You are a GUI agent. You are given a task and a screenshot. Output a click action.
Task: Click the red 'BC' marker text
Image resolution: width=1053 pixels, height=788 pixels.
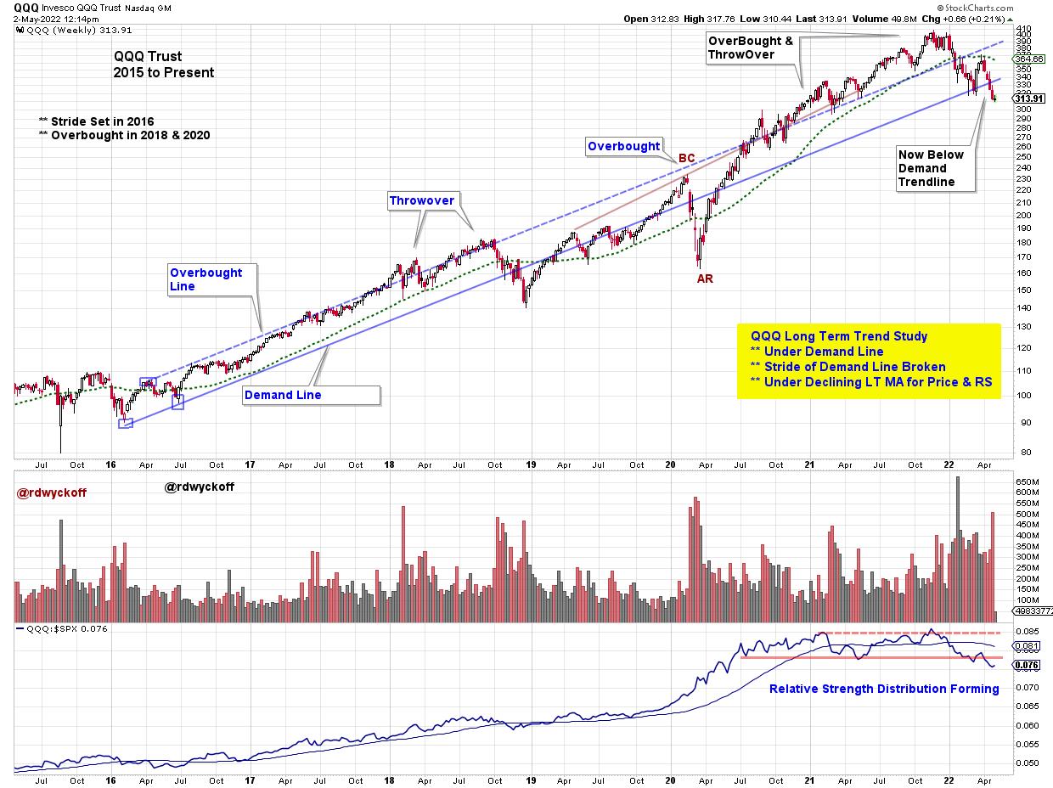point(686,158)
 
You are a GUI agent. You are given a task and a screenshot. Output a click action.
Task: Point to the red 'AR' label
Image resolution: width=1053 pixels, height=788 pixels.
point(705,279)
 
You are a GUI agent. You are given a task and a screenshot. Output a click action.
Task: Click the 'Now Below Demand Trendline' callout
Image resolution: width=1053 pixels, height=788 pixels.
point(932,168)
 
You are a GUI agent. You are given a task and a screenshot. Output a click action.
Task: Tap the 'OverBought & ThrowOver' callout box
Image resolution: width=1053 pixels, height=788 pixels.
point(751,48)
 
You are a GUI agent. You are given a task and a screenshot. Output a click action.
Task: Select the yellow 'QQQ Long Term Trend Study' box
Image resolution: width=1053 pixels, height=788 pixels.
point(868,359)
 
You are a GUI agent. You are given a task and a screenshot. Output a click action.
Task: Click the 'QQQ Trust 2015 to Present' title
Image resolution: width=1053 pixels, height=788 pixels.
point(164,65)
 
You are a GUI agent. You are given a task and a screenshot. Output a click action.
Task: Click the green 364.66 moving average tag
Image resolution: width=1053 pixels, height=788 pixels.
point(1030,59)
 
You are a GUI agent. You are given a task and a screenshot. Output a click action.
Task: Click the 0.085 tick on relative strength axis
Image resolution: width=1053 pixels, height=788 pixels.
point(1027,631)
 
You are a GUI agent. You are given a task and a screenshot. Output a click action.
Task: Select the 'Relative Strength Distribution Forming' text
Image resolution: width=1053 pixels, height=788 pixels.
point(883,689)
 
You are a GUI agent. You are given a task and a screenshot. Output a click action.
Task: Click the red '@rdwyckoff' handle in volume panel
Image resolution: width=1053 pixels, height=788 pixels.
point(51,492)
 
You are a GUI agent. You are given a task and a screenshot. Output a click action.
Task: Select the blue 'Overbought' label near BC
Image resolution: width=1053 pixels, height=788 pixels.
point(624,146)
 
